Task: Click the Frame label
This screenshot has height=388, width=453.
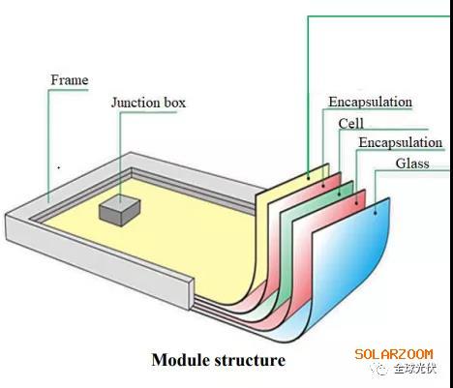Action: pyautogui.click(x=70, y=80)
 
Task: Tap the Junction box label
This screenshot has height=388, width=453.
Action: pyautogui.click(x=148, y=103)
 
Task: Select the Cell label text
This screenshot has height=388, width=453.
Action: pyautogui.click(x=351, y=123)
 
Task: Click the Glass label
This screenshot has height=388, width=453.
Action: pyautogui.click(x=412, y=164)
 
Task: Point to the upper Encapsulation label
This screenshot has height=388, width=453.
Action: pyautogui.click(x=371, y=102)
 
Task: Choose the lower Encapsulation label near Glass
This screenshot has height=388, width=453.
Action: pyautogui.click(x=401, y=142)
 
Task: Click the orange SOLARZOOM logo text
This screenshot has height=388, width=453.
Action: pyautogui.click(x=394, y=354)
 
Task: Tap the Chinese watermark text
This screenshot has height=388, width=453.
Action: pyautogui.click(x=414, y=369)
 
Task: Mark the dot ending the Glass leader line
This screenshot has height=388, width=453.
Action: pyautogui.click(x=376, y=213)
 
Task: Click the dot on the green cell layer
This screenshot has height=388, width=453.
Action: pyautogui.click(x=339, y=194)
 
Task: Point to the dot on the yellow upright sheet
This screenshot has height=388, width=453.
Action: pyautogui.click(x=308, y=177)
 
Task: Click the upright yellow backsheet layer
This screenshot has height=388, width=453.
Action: pyautogui.click(x=290, y=206)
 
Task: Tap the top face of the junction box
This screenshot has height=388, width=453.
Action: pyautogui.click(x=120, y=203)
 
